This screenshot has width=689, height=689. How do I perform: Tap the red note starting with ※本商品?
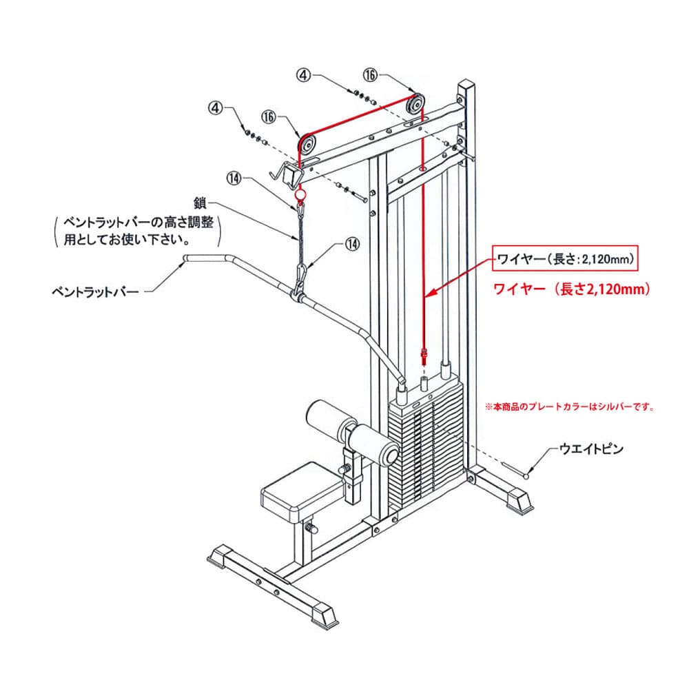pyautogui.click(x=568, y=407)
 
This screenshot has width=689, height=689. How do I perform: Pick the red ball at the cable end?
pyautogui.click(x=300, y=196)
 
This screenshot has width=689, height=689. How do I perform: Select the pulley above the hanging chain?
pyautogui.click(x=307, y=145)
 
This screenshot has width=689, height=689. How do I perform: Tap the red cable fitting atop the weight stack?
pyautogui.click(x=424, y=357)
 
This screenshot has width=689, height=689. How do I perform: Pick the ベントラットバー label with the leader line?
pyautogui.click(x=95, y=292)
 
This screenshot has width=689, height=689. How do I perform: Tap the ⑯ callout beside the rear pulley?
pyautogui.click(x=371, y=74)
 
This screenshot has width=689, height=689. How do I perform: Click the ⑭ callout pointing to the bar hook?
pyautogui.click(x=352, y=243)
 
